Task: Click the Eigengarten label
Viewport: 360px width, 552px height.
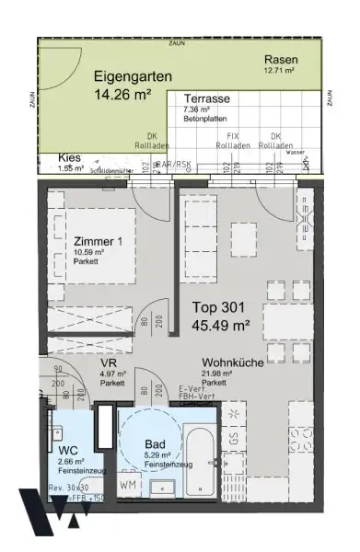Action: (x=132, y=77)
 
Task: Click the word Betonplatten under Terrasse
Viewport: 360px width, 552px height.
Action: (x=200, y=119)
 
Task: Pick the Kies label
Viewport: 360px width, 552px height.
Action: (x=68, y=156)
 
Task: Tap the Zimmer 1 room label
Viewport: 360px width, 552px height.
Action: (x=97, y=242)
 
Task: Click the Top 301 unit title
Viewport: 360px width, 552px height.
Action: (x=217, y=307)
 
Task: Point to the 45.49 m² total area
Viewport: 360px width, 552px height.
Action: (x=222, y=325)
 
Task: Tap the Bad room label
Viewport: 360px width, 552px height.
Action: (x=154, y=443)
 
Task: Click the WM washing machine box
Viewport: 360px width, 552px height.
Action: (x=129, y=483)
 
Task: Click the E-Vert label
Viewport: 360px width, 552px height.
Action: (x=191, y=389)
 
